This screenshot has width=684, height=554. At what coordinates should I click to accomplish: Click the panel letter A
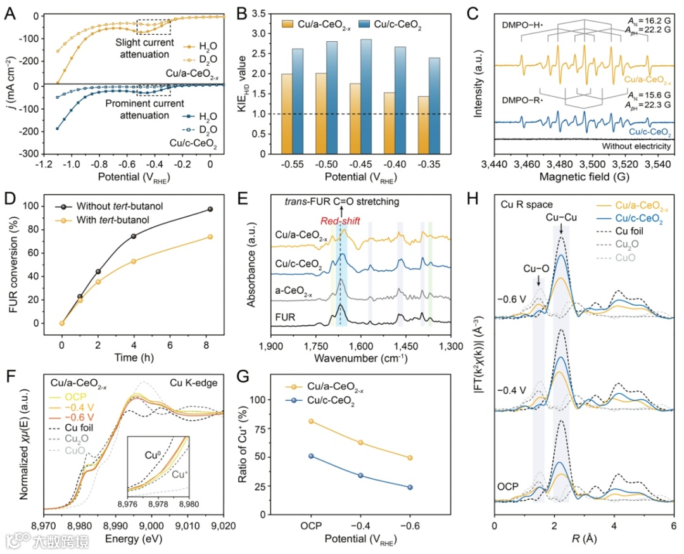click(x=11, y=11)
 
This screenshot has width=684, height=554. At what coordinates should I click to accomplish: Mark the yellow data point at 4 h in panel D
click(x=134, y=261)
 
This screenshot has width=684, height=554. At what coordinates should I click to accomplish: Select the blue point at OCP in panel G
click(x=311, y=456)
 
